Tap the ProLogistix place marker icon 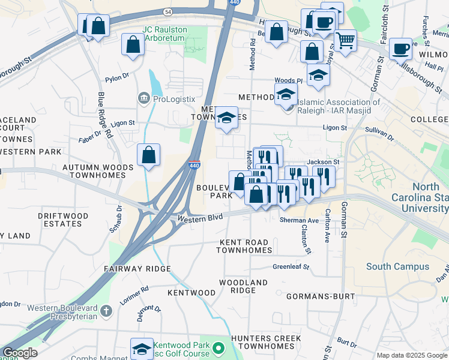pos(143,98)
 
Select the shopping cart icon pos(345,41)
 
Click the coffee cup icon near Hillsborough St pos(400,49)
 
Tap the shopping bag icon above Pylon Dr pos(133,45)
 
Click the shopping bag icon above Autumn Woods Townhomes pos(148,155)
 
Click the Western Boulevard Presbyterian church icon pos(106,310)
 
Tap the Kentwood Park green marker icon pos(219,347)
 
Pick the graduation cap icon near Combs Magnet pos(142,349)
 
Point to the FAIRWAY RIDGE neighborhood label pos(137,269)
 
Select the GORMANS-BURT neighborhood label pos(318,296)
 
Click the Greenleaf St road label pos(291,266)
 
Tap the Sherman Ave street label pos(298,221)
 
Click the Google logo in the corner pos(20,353)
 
